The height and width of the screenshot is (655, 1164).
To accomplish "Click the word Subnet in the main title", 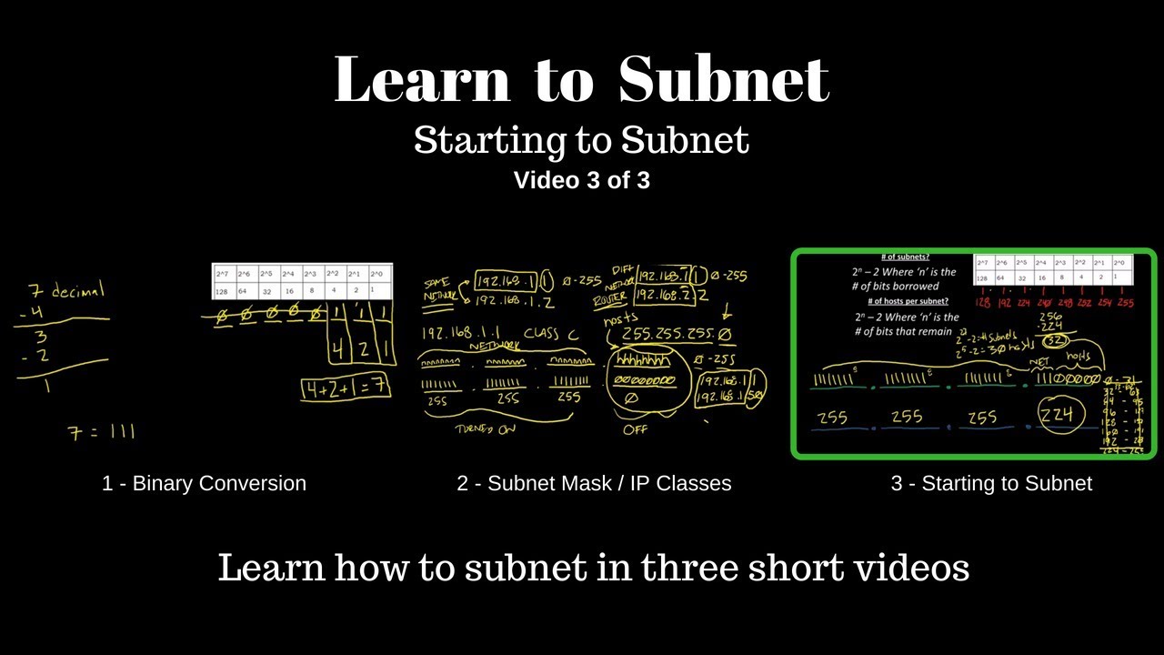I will click(x=723, y=80).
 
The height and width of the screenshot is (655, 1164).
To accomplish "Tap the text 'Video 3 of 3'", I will click(x=581, y=180).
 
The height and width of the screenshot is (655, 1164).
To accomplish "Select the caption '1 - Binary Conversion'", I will click(x=204, y=483).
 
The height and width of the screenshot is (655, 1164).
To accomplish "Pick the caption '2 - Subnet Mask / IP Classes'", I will click(x=594, y=483).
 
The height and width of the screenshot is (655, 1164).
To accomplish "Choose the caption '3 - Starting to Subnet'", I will click(x=991, y=483).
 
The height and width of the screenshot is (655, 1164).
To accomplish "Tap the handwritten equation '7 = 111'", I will click(x=101, y=432).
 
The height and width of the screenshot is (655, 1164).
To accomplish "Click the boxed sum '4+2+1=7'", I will click(x=346, y=387).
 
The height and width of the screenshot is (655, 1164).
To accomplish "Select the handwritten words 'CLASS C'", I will click(x=550, y=334).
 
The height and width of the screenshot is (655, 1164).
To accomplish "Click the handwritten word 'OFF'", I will click(x=636, y=429).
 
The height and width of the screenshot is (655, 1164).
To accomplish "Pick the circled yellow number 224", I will click(x=1056, y=416).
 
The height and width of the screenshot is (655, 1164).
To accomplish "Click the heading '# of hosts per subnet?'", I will click(x=907, y=301).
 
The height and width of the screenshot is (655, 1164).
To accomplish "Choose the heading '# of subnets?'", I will click(x=905, y=257).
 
